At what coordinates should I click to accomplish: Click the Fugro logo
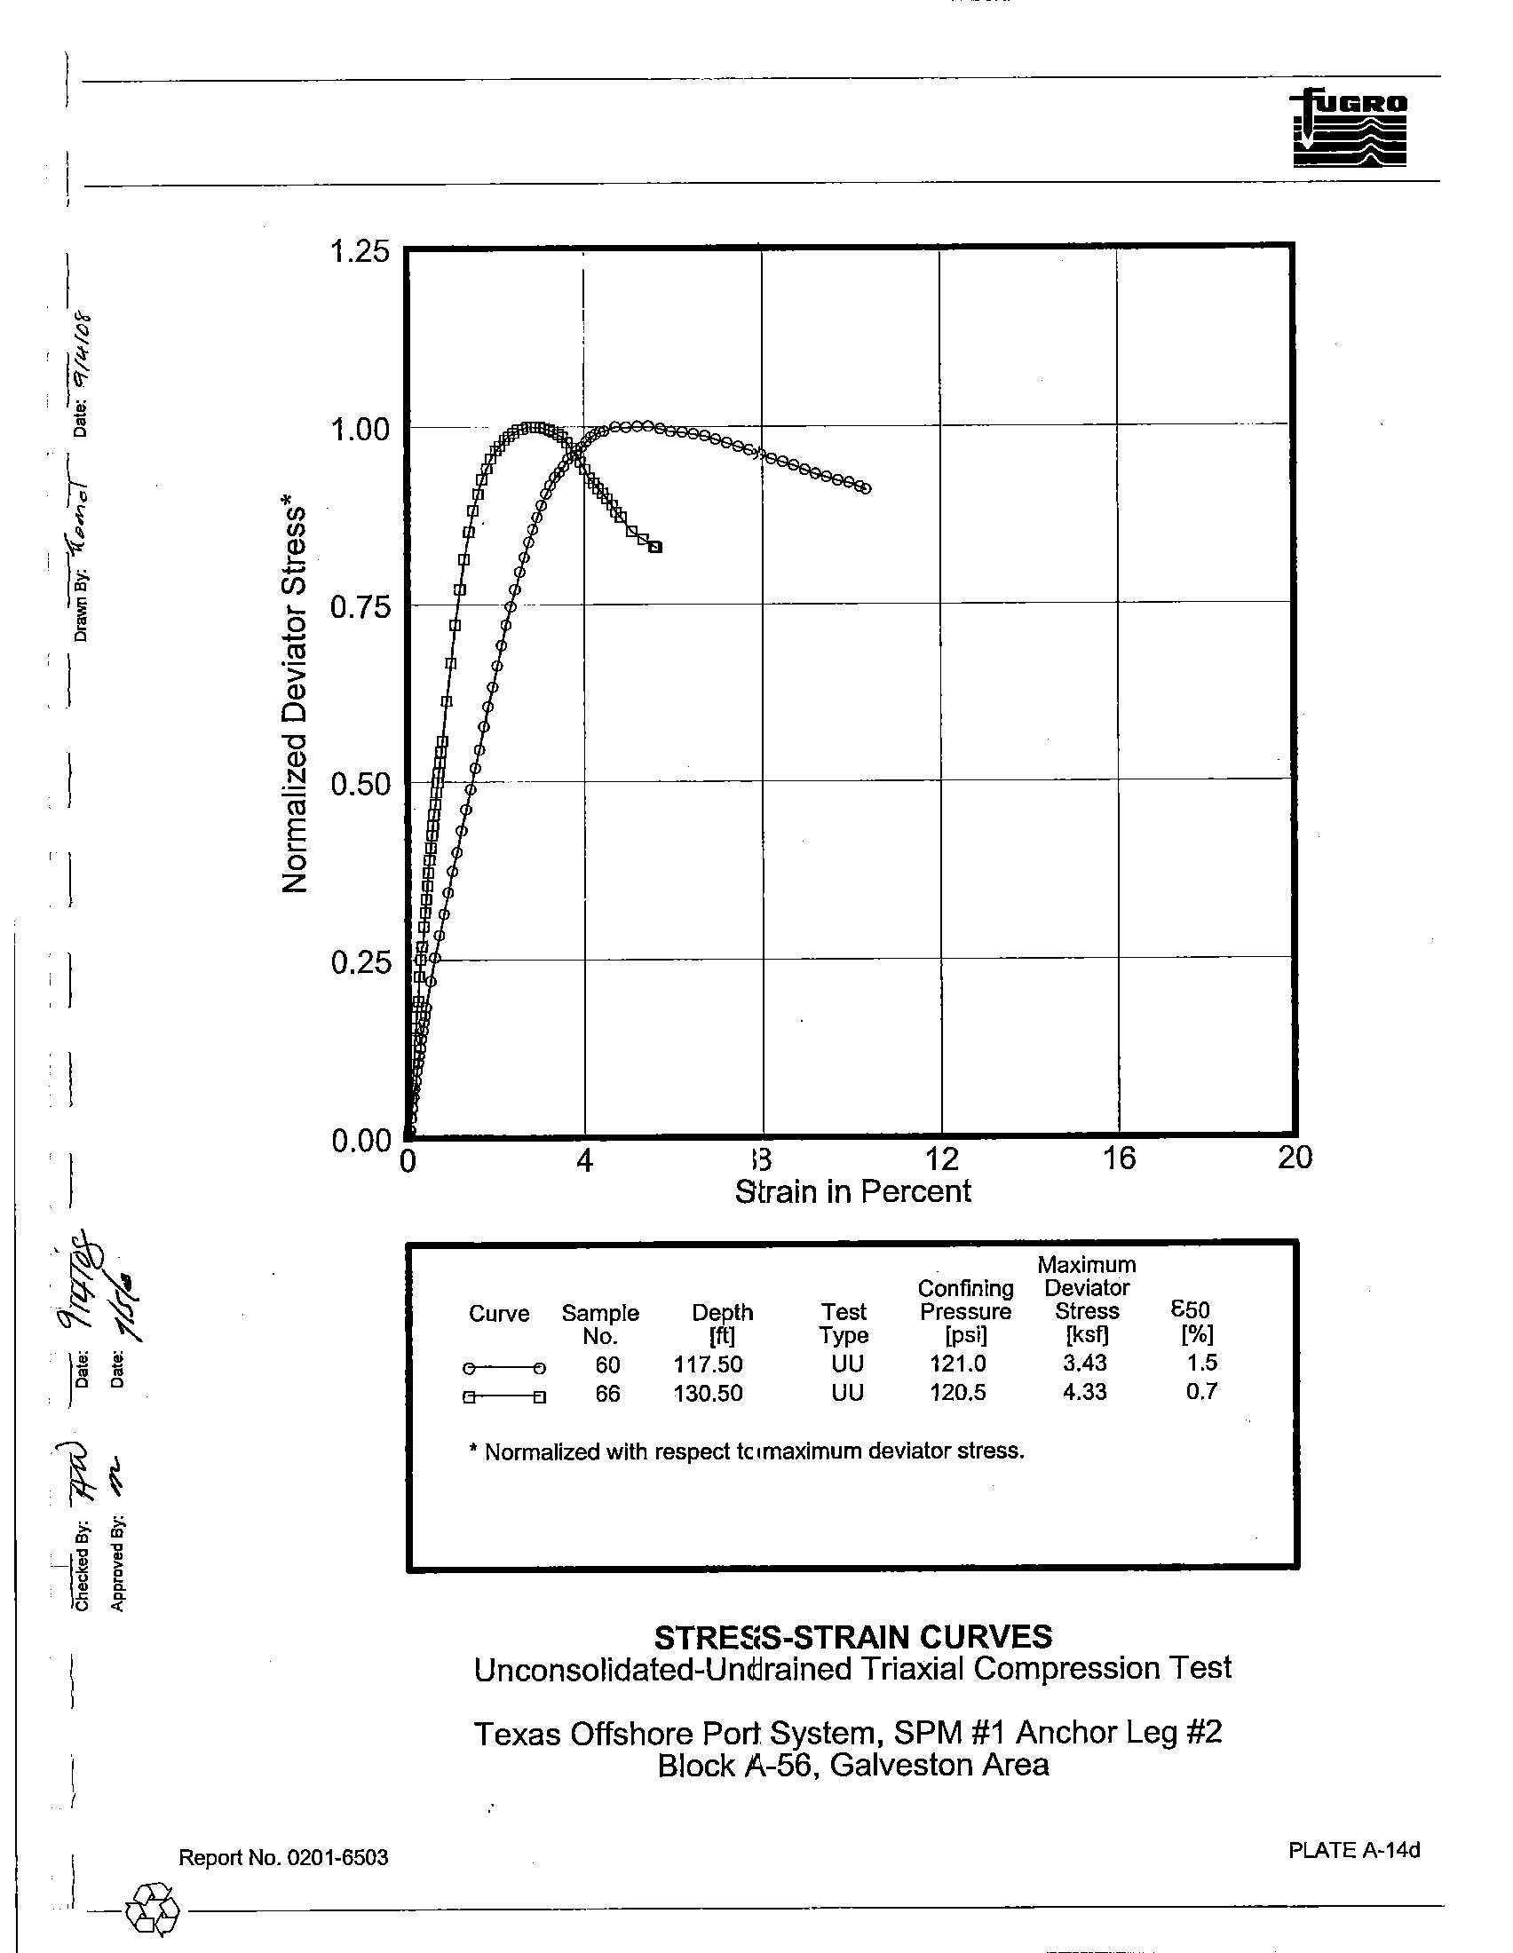(x=1349, y=128)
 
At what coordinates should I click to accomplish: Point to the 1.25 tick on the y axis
(x=360, y=252)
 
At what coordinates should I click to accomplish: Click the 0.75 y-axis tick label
(x=360, y=608)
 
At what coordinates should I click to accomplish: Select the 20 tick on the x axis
(x=1294, y=1158)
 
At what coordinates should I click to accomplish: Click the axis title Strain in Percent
(x=852, y=1192)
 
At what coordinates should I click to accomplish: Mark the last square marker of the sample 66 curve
(x=655, y=547)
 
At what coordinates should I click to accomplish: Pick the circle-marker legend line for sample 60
(x=503, y=1368)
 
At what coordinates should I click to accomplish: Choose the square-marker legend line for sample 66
(x=503, y=1396)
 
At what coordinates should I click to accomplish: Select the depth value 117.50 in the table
(x=708, y=1364)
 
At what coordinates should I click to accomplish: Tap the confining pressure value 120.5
(x=957, y=1393)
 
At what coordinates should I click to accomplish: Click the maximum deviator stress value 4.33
(x=1084, y=1391)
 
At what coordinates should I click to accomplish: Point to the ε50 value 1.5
(x=1201, y=1363)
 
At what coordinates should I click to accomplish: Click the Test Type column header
(x=844, y=1324)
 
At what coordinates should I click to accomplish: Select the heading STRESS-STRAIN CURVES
(x=852, y=1638)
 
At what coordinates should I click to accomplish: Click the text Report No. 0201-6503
(x=283, y=1857)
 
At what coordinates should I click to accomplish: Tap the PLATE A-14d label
(x=1353, y=1850)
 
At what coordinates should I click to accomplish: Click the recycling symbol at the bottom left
(x=153, y=1907)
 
